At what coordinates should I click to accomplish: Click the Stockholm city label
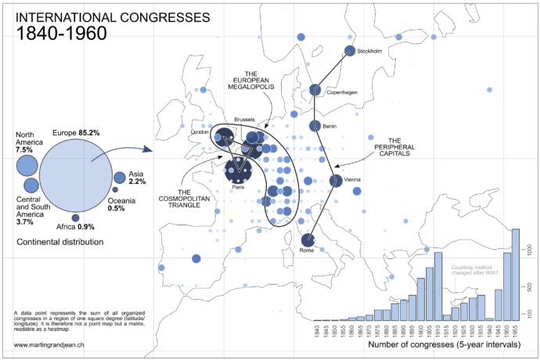[x=369, y=52]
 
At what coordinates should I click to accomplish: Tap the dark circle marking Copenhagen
[x=315, y=91]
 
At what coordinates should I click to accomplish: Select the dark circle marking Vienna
[x=336, y=181]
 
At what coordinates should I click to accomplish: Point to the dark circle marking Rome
[x=308, y=239]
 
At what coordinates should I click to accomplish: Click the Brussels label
[x=244, y=119]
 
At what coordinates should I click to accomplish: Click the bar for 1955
[x=516, y=274]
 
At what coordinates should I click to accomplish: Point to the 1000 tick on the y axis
[x=530, y=249]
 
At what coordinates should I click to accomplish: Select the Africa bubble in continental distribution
[x=75, y=218]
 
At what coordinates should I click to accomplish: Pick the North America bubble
[x=27, y=165]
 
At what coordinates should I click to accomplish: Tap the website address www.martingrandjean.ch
[x=49, y=344]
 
